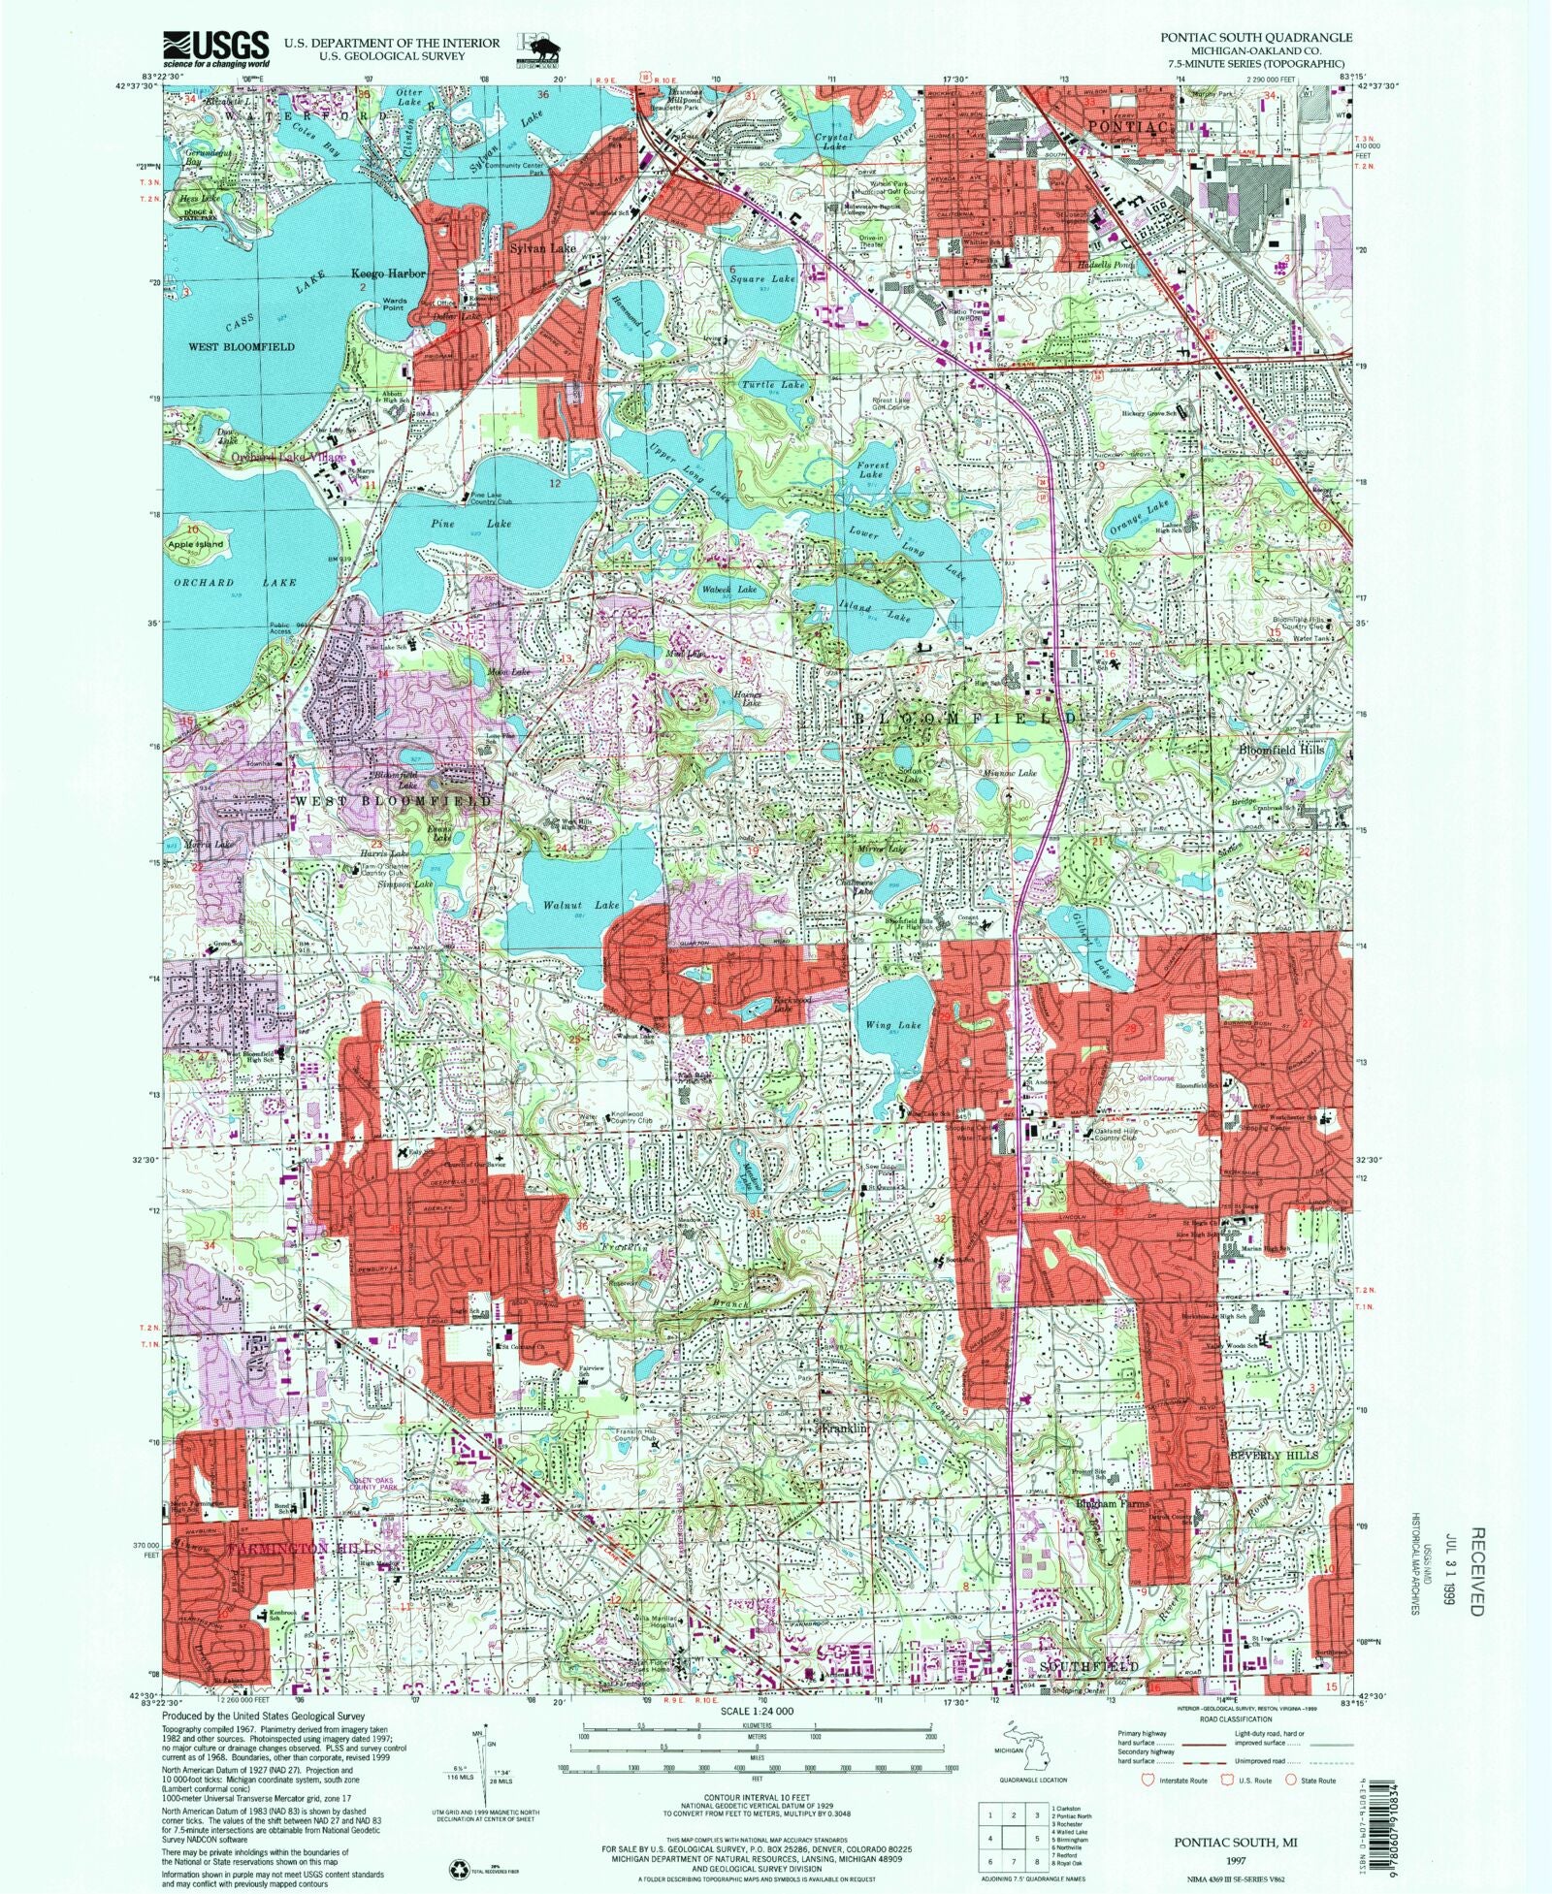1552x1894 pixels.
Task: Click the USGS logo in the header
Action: tap(216, 48)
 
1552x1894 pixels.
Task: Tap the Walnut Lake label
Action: tap(580, 905)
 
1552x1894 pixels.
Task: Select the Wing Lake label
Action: tap(892, 1025)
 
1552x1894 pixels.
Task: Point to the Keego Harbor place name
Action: tap(388, 274)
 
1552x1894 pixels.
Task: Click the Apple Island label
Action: tap(196, 544)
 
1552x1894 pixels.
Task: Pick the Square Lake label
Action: tap(761, 278)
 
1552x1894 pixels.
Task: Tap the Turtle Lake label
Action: tap(773, 385)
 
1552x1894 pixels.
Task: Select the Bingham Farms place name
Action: tap(1112, 1504)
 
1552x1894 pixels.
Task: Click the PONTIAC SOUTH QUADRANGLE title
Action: tap(1255, 37)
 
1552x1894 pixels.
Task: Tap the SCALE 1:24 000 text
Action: tap(756, 1712)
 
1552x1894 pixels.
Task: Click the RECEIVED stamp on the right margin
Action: tap(1475, 1572)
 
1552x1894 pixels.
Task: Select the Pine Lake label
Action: tap(469, 524)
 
